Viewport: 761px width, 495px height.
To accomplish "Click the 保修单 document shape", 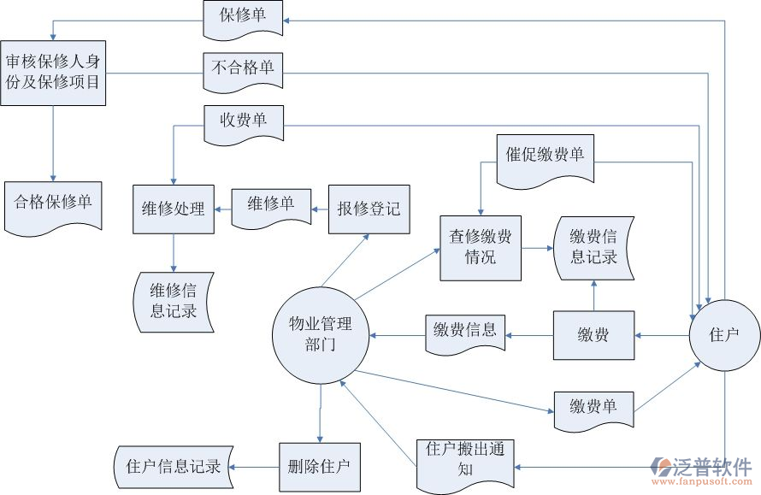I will [242, 18].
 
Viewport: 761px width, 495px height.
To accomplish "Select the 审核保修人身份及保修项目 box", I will [53, 73].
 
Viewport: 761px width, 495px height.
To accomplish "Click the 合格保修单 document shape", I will [53, 203].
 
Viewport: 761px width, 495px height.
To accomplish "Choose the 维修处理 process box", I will [173, 208].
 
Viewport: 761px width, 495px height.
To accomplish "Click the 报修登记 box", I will [369, 208].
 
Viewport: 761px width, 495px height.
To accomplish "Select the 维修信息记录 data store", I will [174, 300].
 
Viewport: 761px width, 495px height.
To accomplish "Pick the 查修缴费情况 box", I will [481, 247].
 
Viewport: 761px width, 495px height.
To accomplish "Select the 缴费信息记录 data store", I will [593, 247].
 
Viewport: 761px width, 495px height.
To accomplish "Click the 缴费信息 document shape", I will [465, 333].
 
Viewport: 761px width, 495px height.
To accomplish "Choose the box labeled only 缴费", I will [593, 335].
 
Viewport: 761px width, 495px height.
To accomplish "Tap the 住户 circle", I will [724, 334].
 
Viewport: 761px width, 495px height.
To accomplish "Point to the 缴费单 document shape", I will [593, 408].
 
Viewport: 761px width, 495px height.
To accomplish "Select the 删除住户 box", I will [320, 467].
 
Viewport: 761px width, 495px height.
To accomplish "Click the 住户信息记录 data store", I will [174, 467].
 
